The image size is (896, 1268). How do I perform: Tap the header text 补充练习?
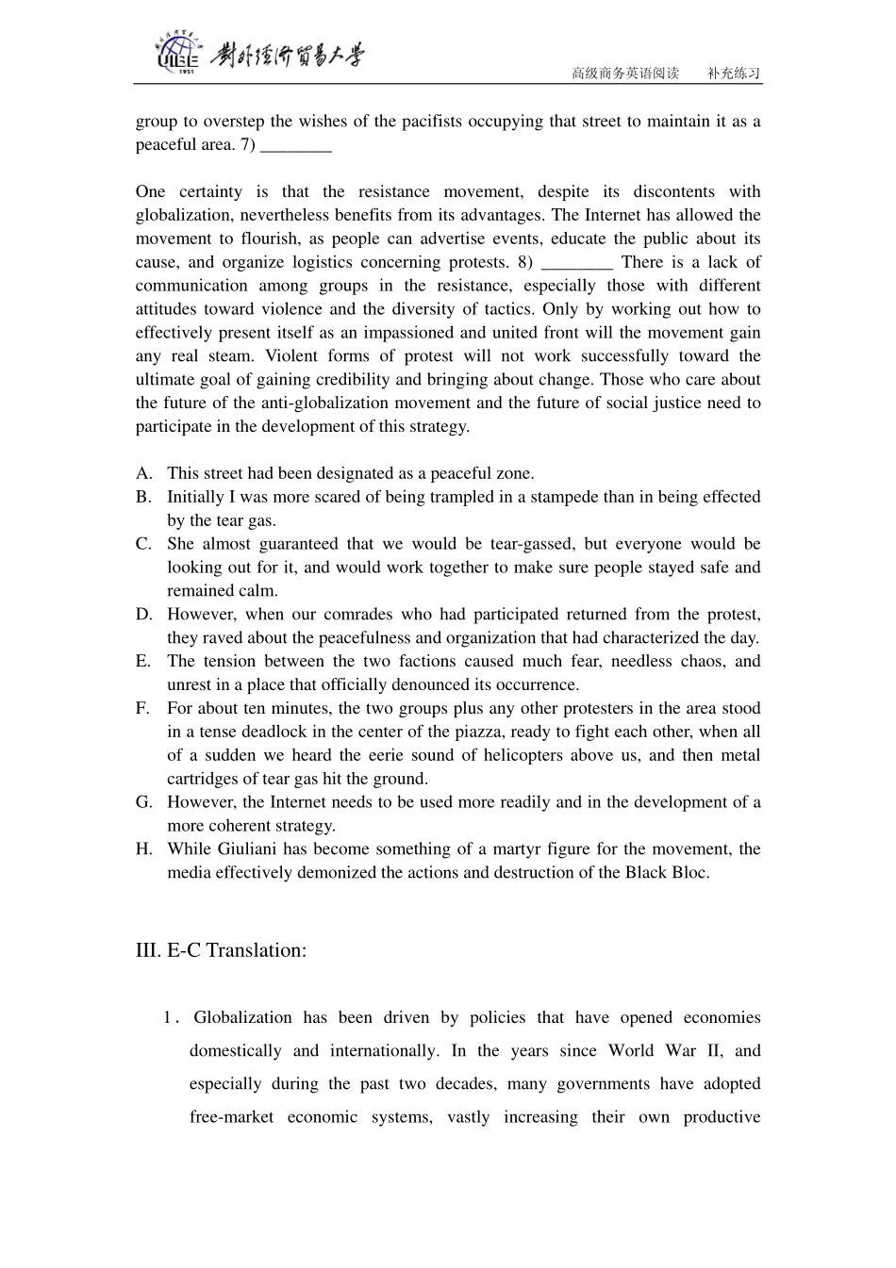click(x=734, y=74)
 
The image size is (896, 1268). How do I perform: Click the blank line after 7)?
click(x=295, y=146)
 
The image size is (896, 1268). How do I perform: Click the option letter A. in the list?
click(x=143, y=473)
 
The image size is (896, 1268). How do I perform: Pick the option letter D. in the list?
click(x=143, y=614)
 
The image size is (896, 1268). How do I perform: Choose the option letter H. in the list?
click(x=143, y=848)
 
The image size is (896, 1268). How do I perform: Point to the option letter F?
click(x=142, y=708)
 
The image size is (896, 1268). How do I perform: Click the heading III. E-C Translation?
click(x=221, y=949)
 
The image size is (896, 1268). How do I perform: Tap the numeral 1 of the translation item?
click(x=168, y=1017)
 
